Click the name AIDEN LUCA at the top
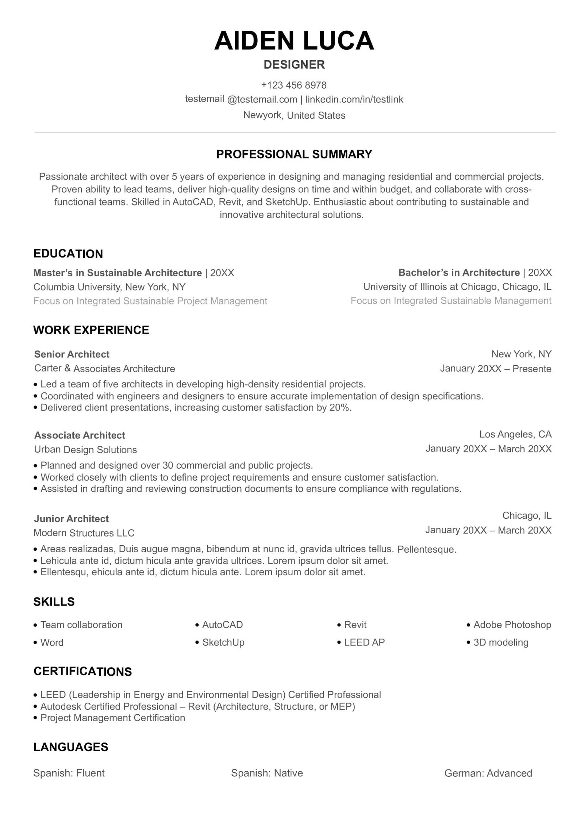click(x=294, y=40)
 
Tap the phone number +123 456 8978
click(x=294, y=85)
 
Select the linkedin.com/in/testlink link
click(x=354, y=99)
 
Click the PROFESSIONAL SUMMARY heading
click(x=294, y=154)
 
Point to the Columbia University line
click(x=109, y=287)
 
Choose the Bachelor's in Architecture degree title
click(x=459, y=273)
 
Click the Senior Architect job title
click(x=72, y=354)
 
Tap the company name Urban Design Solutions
click(x=85, y=450)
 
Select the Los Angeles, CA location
click(x=515, y=434)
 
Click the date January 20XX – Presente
click(x=495, y=369)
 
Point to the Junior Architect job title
click(x=71, y=519)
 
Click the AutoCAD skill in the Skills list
click(x=222, y=625)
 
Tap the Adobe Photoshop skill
click(x=512, y=625)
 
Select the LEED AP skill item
click(x=364, y=642)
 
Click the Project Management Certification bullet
click(x=112, y=718)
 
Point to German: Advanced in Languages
click(x=488, y=773)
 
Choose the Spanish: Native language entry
click(x=267, y=773)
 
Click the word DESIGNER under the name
click(x=294, y=65)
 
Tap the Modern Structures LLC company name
click(x=84, y=533)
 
